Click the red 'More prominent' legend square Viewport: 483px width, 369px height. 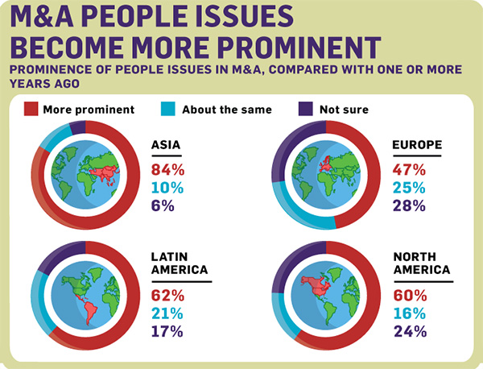[32, 108]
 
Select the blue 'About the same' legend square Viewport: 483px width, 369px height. [171, 108]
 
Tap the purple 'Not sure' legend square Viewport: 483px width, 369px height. [307, 108]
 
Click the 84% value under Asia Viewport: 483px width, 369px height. [167, 169]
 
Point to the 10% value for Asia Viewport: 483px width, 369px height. [167, 187]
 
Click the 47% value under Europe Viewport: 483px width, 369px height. [410, 169]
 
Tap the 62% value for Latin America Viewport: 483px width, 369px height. [167, 295]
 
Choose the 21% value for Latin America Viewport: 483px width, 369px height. [167, 313]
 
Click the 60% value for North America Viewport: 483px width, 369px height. [410, 295]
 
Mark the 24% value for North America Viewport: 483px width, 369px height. [410, 330]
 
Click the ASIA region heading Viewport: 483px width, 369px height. [165, 145]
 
